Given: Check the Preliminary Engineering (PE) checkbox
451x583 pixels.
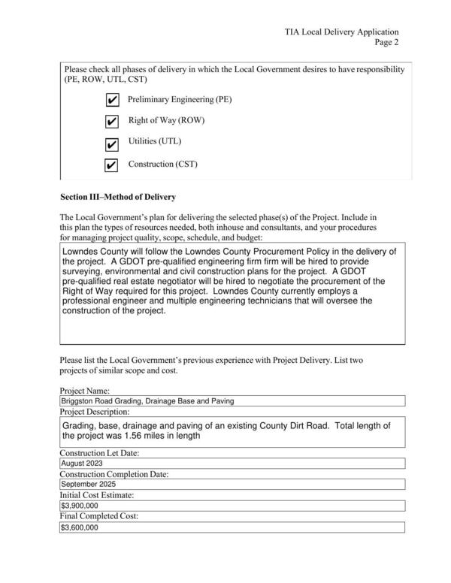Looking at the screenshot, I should pos(111,100).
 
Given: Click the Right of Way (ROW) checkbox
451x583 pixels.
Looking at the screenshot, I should pos(111,122).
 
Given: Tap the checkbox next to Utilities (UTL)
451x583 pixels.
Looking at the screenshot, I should pos(111,143).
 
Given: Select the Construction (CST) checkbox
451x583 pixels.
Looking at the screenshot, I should pos(111,165).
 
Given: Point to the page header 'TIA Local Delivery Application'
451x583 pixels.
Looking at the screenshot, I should pos(341,32).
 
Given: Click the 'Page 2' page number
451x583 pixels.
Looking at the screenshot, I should pos(386,43).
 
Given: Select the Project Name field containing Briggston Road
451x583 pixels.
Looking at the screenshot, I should pos(232,401).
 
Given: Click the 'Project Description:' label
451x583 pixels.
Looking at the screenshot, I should pos(95,412).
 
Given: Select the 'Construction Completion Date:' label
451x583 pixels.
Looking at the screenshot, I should pos(114,474).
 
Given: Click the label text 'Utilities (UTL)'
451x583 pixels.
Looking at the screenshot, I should pos(154,141).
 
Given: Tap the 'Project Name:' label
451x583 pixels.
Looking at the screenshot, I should pos(84,391).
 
